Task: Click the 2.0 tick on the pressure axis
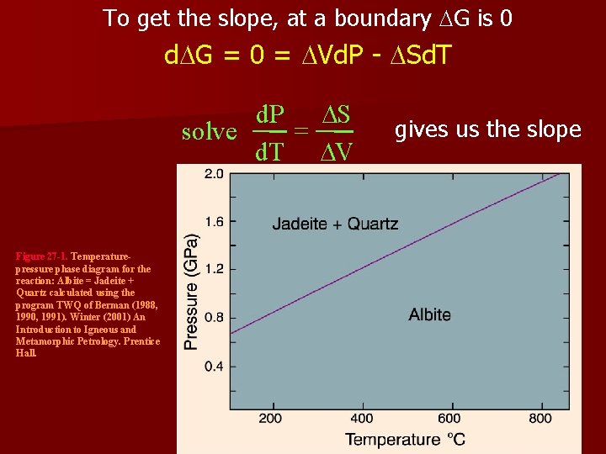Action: (214, 175)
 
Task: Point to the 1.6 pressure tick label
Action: (214, 222)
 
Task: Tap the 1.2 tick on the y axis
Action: (214, 270)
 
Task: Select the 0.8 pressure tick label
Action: (214, 318)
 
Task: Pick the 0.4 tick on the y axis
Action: (214, 367)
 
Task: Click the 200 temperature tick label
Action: (270, 419)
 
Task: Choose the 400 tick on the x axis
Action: (361, 419)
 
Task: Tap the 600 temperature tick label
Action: (449, 419)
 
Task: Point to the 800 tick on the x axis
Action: (540, 419)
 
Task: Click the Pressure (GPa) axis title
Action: (192, 291)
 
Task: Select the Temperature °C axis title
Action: (405, 439)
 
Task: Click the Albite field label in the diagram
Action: (429, 314)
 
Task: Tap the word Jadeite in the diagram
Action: (299, 224)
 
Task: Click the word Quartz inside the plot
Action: (373, 224)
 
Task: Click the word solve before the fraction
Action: (210, 132)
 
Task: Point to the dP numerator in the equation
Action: (270, 114)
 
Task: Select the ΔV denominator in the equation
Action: (337, 151)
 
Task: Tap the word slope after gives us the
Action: (551, 129)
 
